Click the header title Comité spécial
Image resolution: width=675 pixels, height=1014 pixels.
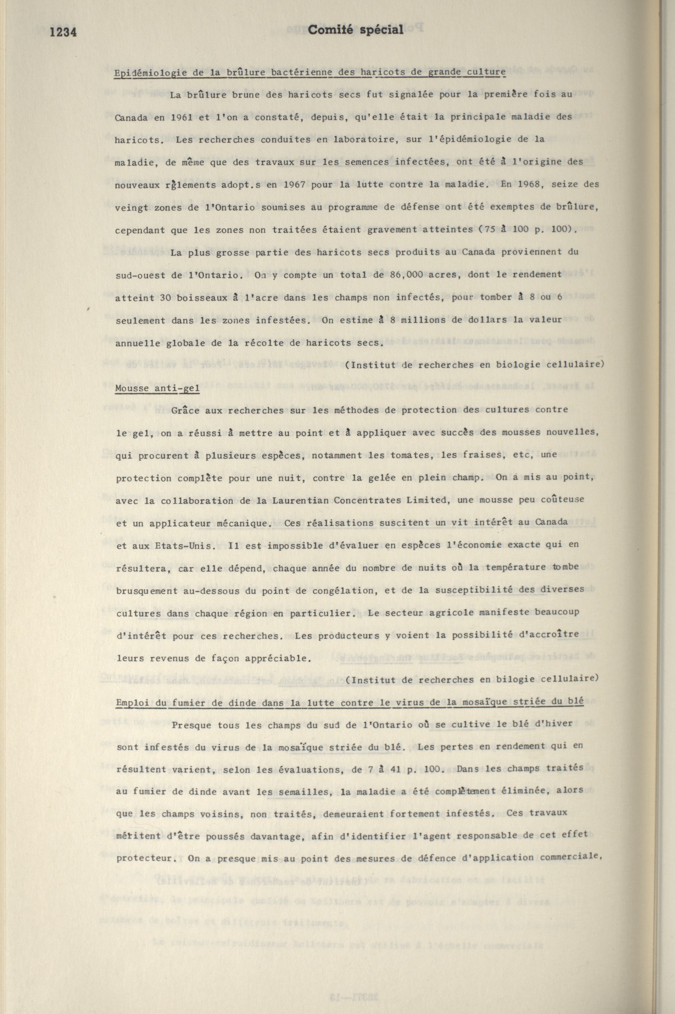[x=356, y=29]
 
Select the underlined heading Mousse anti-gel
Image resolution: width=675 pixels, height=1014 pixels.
[x=157, y=388]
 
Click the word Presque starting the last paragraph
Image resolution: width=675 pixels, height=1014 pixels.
[x=191, y=724]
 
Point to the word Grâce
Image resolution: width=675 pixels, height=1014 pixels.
[x=186, y=410]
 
